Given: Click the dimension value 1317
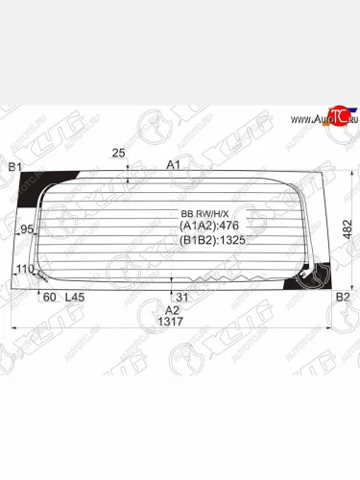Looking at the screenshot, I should pos(172,323).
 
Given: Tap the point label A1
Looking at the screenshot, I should pos(174,165).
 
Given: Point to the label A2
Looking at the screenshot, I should pos(172,310).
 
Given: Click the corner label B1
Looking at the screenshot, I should pos(14,168).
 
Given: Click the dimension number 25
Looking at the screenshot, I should pos(118,153).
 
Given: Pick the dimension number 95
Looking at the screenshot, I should pos(28,228).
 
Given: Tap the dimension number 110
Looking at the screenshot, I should pos(25,269).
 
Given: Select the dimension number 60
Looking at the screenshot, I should pos(49,297).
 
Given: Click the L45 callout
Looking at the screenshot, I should pos(75,297).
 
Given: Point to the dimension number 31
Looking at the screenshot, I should pos(182,296).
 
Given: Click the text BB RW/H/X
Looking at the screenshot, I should pos(203,213).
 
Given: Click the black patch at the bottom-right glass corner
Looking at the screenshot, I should pos(312,277).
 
